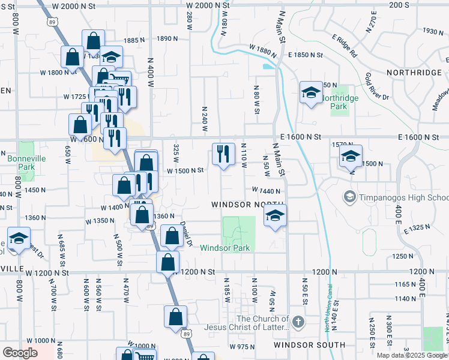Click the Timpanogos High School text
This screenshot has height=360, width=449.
[x=403, y=197]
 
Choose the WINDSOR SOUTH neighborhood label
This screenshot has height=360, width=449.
[x=309, y=345]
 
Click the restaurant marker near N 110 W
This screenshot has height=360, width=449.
[x=223, y=154]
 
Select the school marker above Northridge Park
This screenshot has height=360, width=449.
[x=310, y=92]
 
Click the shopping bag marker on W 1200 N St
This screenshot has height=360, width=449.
[x=167, y=262]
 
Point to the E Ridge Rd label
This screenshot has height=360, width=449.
[x=345, y=45]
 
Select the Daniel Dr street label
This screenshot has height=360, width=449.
[x=187, y=233]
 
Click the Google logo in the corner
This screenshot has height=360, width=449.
[x=20, y=353]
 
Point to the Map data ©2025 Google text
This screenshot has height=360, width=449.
[x=412, y=355]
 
